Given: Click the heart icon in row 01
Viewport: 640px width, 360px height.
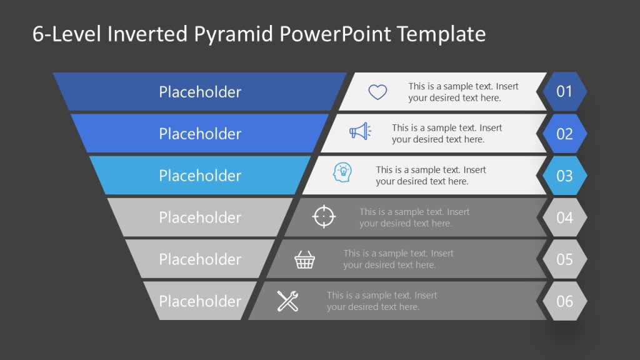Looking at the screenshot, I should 377,92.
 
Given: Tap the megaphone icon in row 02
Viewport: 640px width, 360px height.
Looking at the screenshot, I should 359,131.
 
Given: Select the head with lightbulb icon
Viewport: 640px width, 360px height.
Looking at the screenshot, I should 342,172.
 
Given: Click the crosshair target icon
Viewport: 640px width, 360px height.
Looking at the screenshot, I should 324,216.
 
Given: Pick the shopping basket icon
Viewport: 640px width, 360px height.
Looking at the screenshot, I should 304,259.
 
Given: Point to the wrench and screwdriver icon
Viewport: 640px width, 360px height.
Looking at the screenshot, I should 287,301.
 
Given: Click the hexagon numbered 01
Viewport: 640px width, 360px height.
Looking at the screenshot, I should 564,92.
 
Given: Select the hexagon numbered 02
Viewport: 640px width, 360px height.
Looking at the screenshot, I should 564,134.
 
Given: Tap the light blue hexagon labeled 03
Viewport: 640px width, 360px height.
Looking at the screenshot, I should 564,176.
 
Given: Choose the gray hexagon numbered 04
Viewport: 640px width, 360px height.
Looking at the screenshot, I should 564,217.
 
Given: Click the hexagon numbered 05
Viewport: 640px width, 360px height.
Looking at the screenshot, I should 564,259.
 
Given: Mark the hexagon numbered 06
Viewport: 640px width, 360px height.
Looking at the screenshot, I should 564,301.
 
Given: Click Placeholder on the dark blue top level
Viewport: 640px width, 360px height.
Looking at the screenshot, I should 200,92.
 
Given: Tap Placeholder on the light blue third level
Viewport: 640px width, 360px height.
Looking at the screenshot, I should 200,176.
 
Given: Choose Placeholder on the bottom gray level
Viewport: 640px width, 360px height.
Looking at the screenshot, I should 200,301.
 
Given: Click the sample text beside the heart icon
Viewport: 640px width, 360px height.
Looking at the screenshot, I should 463,92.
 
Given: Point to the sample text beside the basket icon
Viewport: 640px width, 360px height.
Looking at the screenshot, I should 398,259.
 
